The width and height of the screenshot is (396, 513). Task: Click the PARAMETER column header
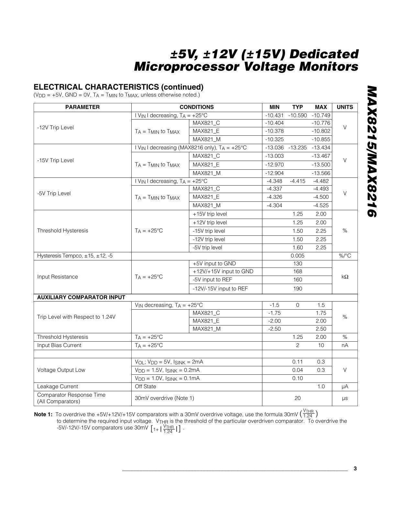82,107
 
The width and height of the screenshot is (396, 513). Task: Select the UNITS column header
345,107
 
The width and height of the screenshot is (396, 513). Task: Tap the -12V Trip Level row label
55,128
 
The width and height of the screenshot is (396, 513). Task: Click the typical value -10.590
297,115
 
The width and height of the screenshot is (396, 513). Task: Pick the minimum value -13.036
274,148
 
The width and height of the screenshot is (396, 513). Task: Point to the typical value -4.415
297,181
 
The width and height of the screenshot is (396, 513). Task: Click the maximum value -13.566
321,173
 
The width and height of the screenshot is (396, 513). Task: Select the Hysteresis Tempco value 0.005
297,256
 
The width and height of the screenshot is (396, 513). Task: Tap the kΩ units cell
345,277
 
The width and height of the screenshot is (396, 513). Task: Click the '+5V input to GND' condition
214,264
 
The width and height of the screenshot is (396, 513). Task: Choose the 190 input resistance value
297,289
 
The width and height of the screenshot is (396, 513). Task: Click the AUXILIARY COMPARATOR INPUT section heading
81,297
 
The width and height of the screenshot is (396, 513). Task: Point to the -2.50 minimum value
274,329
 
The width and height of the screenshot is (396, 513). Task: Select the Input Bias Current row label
59,345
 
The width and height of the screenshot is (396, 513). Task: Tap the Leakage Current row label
58,386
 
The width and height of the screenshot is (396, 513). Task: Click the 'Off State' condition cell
145,386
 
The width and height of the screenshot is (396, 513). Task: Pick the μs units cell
345,398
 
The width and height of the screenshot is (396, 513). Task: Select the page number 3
355,469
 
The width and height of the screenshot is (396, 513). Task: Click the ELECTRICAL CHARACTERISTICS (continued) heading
119,87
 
